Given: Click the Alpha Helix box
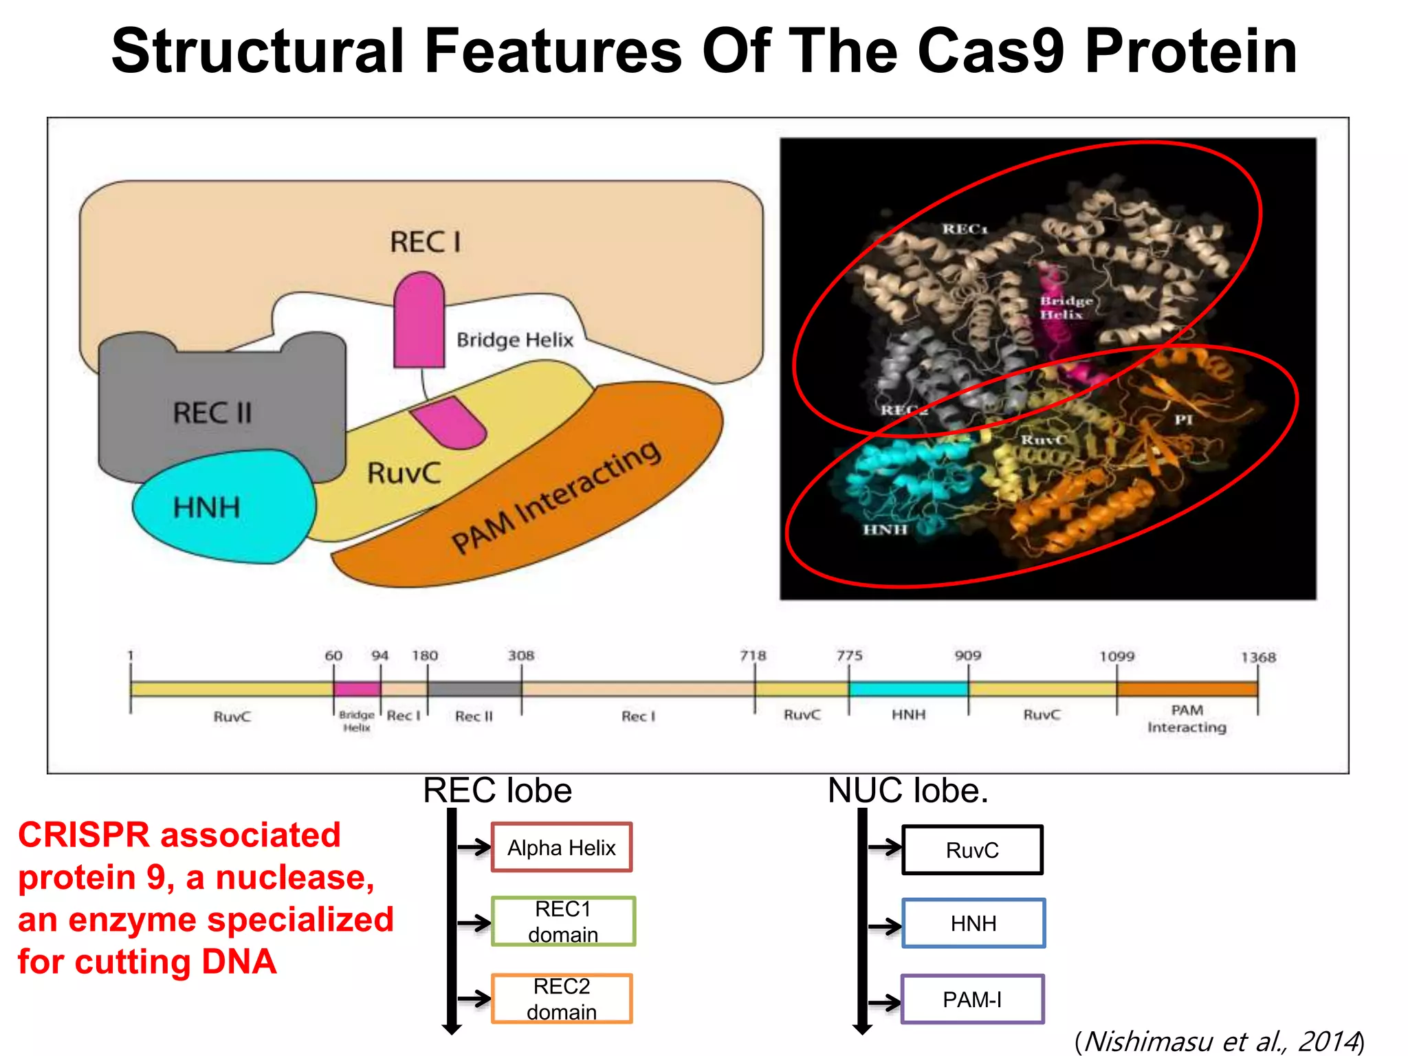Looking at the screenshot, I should coord(561,847).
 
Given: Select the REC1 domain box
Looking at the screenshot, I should coord(562,921).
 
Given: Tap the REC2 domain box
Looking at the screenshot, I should coord(561,998).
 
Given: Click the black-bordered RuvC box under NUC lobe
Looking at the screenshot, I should coord(972,850).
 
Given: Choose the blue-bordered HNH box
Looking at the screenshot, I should coord(973,923).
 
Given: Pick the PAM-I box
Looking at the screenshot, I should coord(972,999).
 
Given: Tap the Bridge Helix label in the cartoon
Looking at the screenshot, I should coord(514,340).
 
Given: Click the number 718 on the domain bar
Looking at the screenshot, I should coord(753,655).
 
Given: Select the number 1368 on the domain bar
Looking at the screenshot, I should coord(1258,657).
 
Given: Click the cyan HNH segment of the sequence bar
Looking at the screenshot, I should coord(907,689).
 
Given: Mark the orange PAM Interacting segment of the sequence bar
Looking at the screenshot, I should coord(1187,689).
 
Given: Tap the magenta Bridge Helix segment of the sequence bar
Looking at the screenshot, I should coord(357,689).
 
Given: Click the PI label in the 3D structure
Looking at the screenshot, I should coord(1183,419).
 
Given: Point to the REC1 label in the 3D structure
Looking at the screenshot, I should coord(965,229).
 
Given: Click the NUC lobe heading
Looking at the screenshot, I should coord(907,791).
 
